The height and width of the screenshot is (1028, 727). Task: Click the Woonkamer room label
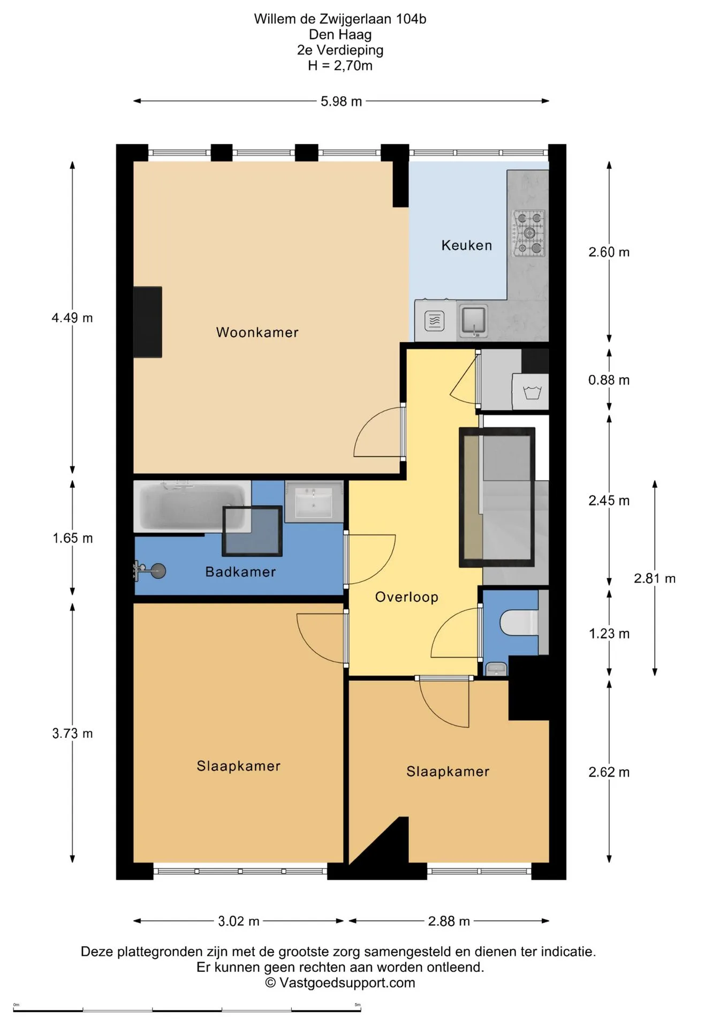pos(257,332)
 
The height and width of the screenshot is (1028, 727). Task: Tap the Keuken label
pos(466,245)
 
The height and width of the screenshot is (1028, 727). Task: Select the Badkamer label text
pos(240,572)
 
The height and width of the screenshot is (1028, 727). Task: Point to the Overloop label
pos(406,597)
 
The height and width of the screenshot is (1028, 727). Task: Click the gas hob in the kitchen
pos(529,233)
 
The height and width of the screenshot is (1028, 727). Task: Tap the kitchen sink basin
pos(474,321)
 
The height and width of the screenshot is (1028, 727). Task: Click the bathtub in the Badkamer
pos(192,507)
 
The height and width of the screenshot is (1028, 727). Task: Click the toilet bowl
pos(519,623)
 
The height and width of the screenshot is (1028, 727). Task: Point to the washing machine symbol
pos(531,392)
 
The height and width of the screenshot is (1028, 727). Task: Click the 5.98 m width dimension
pos(341,101)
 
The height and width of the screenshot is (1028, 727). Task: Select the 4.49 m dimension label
pos(72,318)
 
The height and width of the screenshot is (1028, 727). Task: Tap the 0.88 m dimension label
pos(609,380)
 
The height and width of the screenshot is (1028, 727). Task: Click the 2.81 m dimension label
pos(655,579)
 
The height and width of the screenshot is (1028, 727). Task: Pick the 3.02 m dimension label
pos(238,921)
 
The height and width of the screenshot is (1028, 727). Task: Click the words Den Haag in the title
pos(340,35)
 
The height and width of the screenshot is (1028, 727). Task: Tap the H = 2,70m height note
pos(340,66)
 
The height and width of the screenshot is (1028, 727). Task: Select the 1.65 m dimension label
pos(72,538)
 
